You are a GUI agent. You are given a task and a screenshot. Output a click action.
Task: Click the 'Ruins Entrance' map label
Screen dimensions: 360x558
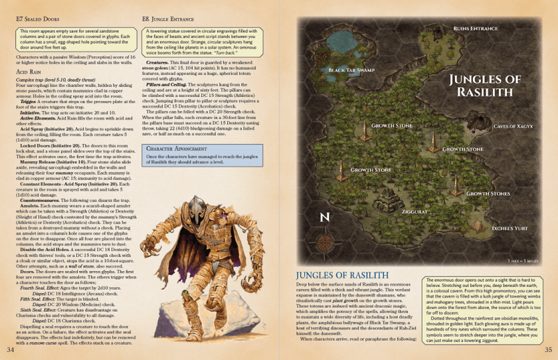click(x=475, y=29)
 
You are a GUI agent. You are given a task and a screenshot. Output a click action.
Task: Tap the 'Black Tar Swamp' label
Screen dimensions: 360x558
click(x=351, y=70)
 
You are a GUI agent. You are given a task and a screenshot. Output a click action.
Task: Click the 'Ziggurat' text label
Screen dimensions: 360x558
click(x=415, y=211)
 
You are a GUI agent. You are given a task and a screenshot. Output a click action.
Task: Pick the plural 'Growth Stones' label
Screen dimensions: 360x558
click(x=488, y=194)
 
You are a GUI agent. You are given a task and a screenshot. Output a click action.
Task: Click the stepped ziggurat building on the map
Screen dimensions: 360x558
click(x=386, y=197)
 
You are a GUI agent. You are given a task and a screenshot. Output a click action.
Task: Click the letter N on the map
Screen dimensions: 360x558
click(x=324, y=217)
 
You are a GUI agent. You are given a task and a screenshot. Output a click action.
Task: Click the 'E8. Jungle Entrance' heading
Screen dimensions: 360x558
click(x=169, y=20)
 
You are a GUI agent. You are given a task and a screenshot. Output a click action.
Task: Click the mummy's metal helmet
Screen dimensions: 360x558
click(x=188, y=205)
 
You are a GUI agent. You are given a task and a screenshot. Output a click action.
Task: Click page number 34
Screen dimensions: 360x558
click(x=10, y=349)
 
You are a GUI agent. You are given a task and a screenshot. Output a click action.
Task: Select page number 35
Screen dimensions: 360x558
click(x=548, y=349)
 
